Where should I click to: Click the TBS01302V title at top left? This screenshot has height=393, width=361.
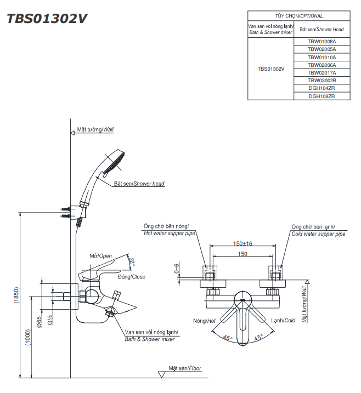click(47, 19)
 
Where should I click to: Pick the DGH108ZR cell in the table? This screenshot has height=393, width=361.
click(321, 96)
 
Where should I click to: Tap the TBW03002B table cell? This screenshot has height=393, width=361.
click(321, 81)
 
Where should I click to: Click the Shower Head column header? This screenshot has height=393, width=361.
click(321, 29)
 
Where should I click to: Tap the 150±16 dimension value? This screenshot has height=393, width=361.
click(242, 243)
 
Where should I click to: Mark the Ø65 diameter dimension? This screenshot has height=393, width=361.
click(40, 322)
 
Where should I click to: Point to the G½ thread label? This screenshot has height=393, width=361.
click(50, 320)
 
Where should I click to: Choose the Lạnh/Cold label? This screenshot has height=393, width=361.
click(283, 321)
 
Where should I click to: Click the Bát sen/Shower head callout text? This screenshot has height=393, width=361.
click(139, 184)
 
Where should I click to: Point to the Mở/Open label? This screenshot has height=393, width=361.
click(100, 256)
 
